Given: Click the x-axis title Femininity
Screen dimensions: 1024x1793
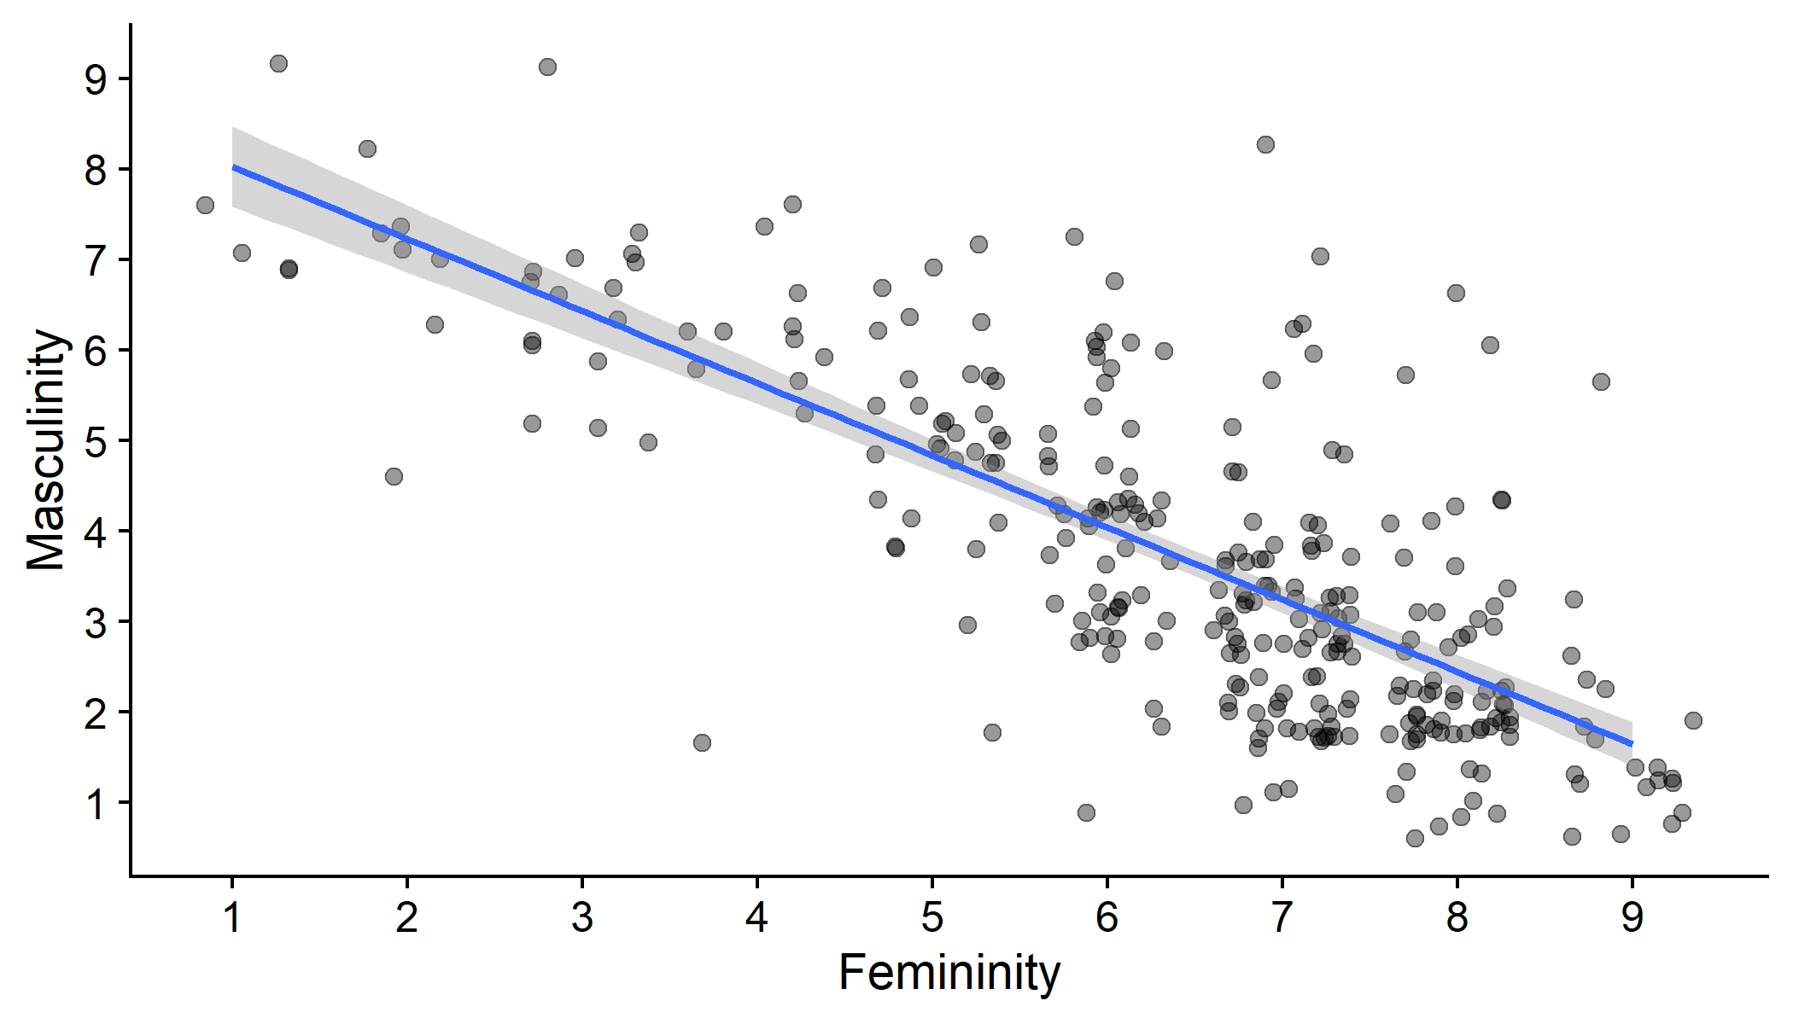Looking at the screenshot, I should coord(949,974).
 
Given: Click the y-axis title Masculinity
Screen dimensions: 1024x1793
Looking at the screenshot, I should coord(46,450).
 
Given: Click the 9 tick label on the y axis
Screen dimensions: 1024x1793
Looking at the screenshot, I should coord(96,79).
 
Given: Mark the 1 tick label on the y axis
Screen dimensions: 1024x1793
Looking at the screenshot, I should coord(96,803).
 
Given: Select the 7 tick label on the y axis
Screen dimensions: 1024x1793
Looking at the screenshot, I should coord(96,260).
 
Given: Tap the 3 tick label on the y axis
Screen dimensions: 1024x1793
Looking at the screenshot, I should coord(96,622).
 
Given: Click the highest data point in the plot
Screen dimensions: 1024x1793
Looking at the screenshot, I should coord(278,63).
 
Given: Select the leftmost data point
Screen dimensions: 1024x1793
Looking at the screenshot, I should coord(205,205).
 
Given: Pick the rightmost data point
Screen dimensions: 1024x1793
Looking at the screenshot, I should coord(1693,720).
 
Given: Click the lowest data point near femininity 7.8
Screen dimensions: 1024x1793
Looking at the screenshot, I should coord(1415,838).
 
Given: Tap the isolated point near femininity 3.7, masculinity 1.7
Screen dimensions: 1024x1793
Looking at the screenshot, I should coord(702,742).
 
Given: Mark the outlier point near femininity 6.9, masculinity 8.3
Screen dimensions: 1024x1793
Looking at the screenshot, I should coord(1265,144).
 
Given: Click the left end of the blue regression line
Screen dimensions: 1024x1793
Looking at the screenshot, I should coord(233,167).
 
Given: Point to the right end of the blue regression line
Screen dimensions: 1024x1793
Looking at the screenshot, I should coord(1632,744).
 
